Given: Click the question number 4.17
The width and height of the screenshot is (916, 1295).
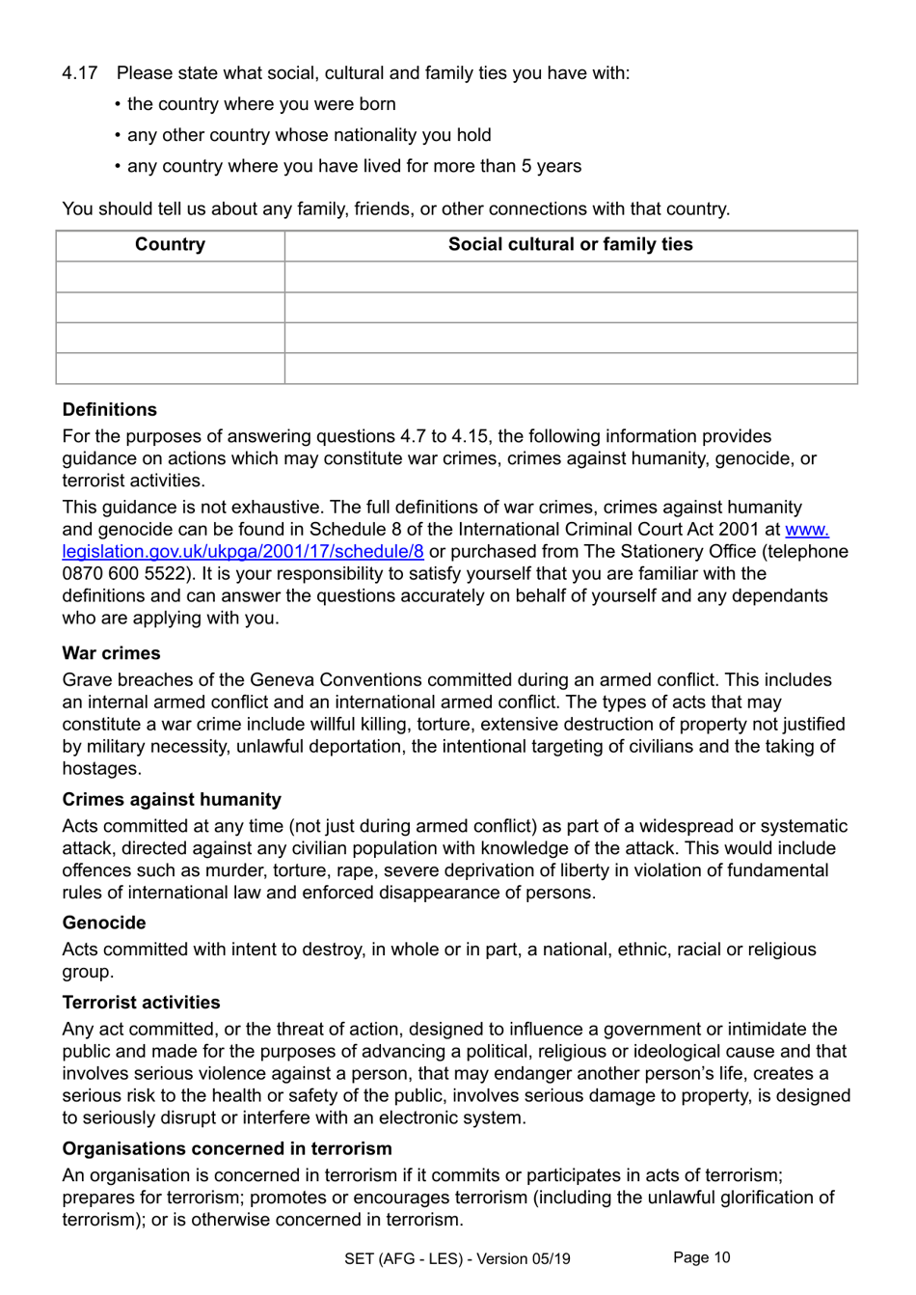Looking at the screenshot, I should tap(80, 73).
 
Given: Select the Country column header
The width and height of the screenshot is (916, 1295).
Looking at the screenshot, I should tap(170, 245).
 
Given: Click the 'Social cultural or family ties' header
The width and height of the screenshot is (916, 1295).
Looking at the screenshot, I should tap(570, 245).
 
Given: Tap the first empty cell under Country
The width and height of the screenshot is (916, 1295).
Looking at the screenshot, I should tap(170, 277).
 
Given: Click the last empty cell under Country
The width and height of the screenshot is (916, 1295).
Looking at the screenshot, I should tap(170, 369).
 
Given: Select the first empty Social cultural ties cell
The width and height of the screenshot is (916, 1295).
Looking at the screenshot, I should tap(570, 277).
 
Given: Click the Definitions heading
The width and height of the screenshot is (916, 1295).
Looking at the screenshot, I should tap(109, 410).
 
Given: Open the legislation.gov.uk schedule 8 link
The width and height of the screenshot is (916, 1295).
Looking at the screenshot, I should tap(243, 552).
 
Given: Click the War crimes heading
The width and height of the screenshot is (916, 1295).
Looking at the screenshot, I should tap(111, 653).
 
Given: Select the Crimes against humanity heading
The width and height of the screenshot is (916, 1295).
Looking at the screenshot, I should tap(172, 800).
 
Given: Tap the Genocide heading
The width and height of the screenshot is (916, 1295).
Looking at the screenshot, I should tap(104, 923).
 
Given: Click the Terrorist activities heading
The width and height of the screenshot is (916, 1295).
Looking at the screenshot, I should tap(141, 1003).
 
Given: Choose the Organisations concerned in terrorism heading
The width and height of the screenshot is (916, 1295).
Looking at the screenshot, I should tap(227, 1149).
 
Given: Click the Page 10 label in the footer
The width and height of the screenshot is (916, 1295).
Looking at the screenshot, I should tap(701, 1257).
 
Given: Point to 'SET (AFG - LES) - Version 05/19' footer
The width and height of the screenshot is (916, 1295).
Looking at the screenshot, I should tap(457, 1259).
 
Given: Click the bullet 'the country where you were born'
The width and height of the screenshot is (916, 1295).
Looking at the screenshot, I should tap(261, 104).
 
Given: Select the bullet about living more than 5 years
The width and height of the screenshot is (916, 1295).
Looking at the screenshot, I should tap(354, 166).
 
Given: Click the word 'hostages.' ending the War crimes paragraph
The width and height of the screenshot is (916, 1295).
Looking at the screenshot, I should tap(101, 769).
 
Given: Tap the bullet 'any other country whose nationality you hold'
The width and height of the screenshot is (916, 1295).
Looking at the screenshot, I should tap(309, 135).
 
